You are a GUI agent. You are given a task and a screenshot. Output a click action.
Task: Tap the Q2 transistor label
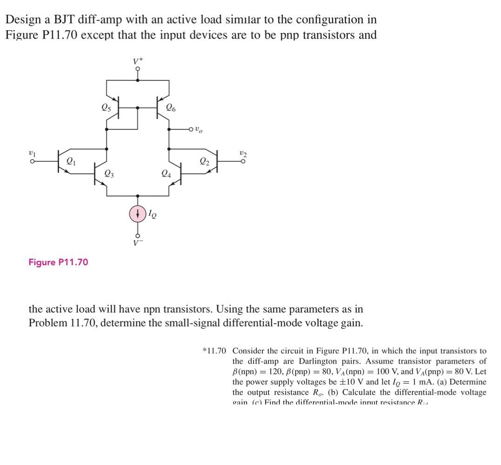coord(204,162)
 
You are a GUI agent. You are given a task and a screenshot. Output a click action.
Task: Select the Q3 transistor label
coord(108,174)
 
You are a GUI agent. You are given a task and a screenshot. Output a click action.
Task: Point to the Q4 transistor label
coord(165,174)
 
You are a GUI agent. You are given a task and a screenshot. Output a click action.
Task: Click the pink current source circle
coord(137,213)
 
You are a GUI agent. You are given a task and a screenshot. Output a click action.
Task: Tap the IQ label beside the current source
coord(152,214)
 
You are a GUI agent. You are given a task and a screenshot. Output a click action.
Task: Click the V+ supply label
coord(137,61)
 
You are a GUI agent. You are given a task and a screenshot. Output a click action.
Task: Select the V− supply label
coord(137,242)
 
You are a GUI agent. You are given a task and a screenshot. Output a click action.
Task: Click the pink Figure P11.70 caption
coord(58,262)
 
